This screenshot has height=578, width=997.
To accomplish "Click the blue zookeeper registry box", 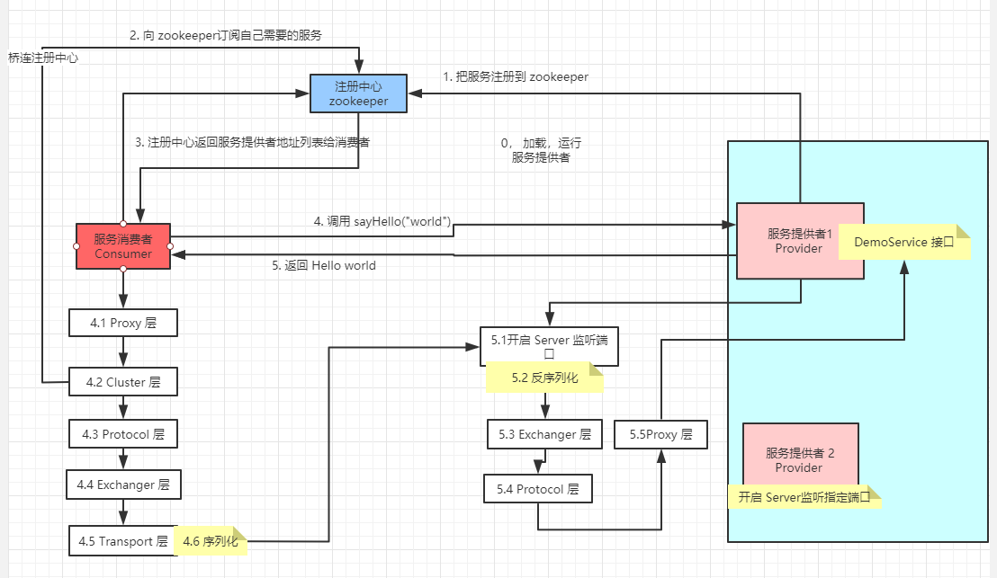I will (x=358, y=93).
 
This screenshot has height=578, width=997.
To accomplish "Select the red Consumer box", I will (x=123, y=245).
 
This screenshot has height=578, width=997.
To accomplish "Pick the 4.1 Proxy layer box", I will (x=123, y=323).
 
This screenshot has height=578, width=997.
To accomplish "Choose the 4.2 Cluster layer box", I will (x=123, y=382).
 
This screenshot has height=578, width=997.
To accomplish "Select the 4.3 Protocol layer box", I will (x=123, y=434).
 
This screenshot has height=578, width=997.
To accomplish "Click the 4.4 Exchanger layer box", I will (x=123, y=485).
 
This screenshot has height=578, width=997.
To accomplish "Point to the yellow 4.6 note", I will (x=211, y=541).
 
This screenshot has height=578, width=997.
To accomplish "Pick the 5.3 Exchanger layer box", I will (x=544, y=434).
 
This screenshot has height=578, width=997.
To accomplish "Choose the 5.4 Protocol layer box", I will (x=538, y=489).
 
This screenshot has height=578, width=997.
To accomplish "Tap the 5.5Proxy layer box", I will (x=661, y=434).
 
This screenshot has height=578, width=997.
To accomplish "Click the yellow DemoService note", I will (x=903, y=242).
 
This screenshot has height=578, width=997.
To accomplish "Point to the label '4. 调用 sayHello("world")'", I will (x=382, y=221).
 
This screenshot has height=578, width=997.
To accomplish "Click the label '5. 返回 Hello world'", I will (x=324, y=266).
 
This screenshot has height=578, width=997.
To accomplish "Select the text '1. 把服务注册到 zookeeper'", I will (x=516, y=77).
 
